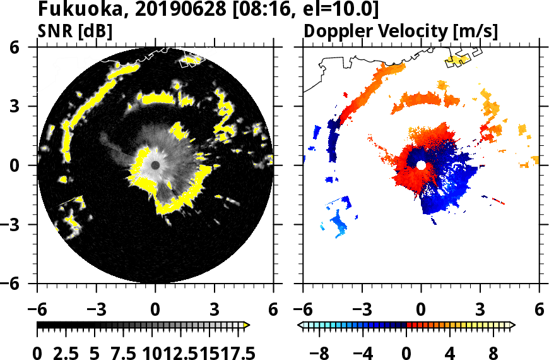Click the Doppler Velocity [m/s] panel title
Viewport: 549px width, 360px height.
401,30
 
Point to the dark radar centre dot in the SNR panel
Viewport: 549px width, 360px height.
155,165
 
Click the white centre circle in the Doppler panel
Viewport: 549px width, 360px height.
421,165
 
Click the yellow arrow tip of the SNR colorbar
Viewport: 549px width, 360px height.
247,325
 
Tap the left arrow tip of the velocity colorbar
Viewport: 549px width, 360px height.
300,325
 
